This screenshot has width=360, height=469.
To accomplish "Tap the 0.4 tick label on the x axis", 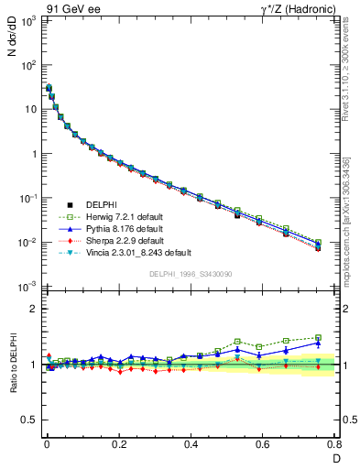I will (x=191, y=444).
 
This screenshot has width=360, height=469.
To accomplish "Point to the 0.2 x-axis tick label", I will (x=119, y=444).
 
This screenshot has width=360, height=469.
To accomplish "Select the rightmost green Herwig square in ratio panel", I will (x=318, y=337).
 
